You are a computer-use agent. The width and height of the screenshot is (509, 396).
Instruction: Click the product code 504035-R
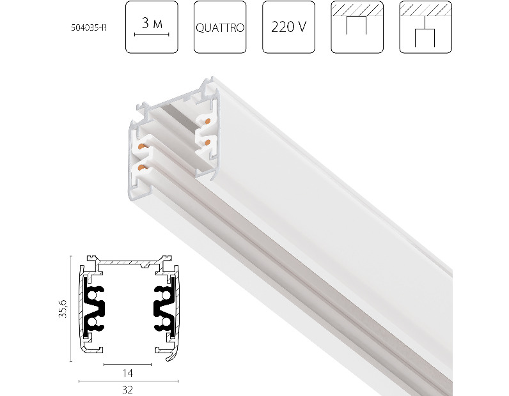89,27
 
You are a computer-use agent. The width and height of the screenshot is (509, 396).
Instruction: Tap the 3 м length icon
152,27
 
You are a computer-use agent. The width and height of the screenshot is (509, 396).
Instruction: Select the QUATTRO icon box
220,27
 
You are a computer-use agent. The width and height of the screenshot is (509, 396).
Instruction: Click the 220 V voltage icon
288,27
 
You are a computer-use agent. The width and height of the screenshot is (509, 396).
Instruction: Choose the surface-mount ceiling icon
357,27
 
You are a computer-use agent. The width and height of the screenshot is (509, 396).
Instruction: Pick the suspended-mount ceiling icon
426,27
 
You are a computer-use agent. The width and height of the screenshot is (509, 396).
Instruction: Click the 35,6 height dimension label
63,308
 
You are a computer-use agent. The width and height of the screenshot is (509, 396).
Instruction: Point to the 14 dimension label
128,373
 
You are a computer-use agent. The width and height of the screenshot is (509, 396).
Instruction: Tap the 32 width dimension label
128,390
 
